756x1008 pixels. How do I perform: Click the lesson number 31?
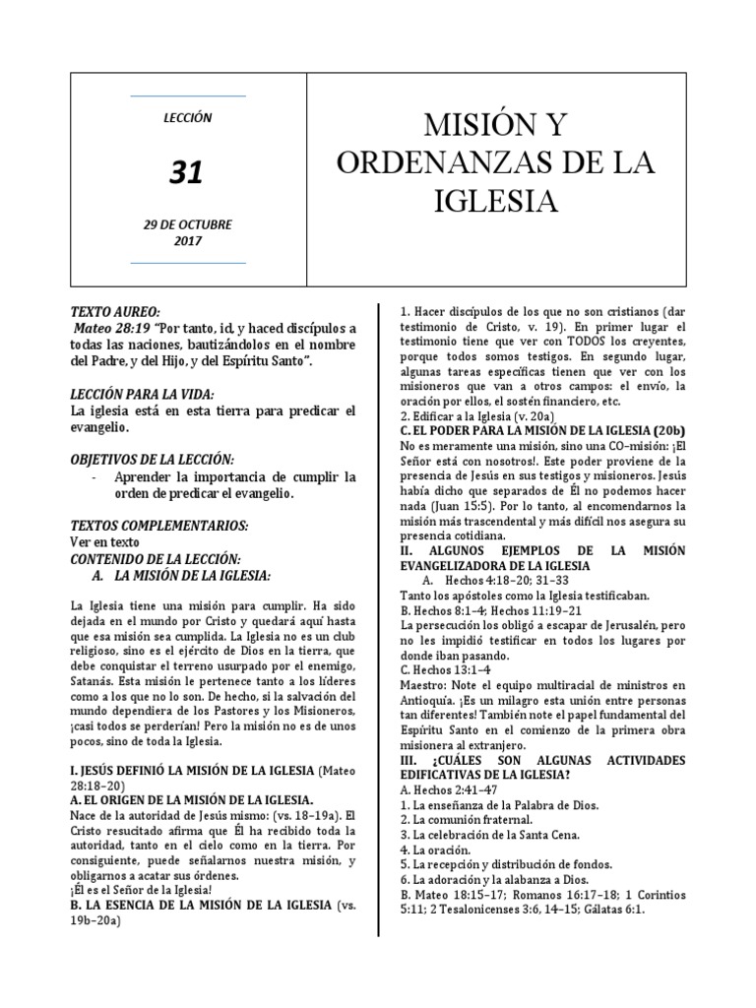click(187, 172)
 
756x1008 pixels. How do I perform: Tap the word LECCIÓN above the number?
click(187, 117)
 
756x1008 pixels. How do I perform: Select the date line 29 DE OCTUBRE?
click(187, 223)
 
